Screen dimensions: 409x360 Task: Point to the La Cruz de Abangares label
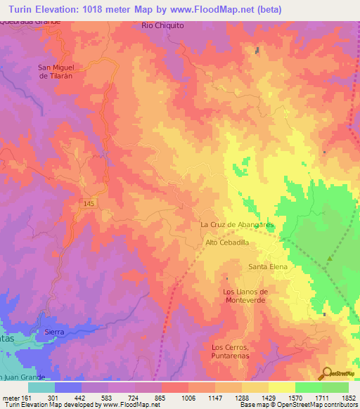(236, 224)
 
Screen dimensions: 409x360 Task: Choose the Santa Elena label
(269, 267)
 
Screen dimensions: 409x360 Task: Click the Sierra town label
(54, 331)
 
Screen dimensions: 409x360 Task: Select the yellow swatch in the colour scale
(281, 387)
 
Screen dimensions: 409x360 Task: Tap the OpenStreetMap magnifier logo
(327, 373)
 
